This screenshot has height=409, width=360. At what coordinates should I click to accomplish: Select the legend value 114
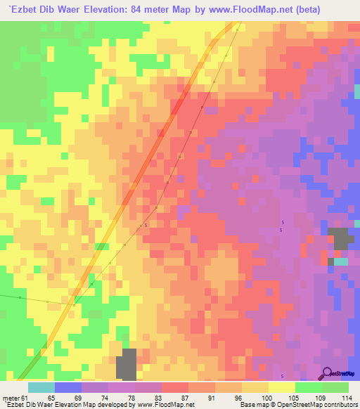pos(345,398)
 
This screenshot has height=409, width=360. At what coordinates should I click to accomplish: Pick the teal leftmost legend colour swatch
pos(41,387)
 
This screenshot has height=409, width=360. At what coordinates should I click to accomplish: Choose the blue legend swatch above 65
pos(67,387)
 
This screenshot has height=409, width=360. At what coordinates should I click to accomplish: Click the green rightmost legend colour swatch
pos(335,387)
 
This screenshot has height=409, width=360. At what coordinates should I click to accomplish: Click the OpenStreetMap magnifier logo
pos(328,373)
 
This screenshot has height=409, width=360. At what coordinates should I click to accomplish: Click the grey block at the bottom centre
pos(127,364)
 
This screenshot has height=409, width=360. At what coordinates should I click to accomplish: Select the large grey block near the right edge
pos(340,238)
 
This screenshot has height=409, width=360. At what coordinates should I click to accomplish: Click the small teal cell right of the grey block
pos(341,261)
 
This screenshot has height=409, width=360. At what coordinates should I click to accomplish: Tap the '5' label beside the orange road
pos(146,226)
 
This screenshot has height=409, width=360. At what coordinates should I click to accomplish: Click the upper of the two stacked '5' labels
pos(284,222)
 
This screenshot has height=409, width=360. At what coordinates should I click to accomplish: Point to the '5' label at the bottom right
pos(282,377)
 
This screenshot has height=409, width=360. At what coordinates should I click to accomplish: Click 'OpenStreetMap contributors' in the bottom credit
pos(323,405)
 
